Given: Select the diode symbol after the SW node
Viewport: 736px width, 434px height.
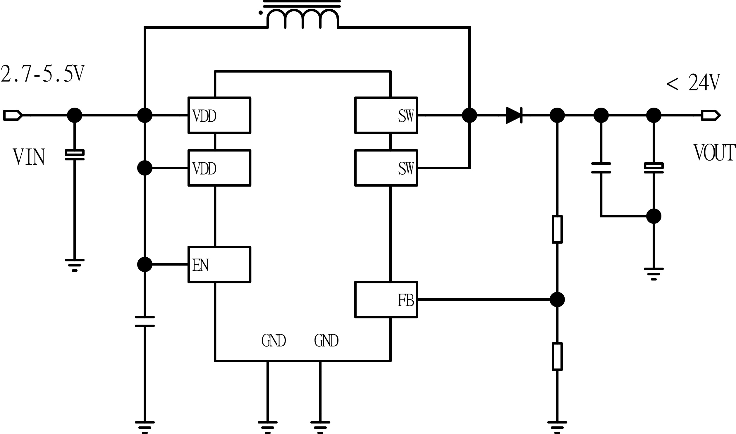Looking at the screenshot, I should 514,116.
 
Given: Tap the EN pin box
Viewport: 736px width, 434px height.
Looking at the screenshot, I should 219,264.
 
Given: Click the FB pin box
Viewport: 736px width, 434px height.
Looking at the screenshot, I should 386,299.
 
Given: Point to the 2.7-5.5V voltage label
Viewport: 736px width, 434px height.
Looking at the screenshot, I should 43,74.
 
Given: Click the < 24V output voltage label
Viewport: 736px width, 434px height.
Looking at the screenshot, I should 693,83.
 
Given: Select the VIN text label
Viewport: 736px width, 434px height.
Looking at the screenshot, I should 29,157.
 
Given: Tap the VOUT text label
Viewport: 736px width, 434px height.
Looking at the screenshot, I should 714,153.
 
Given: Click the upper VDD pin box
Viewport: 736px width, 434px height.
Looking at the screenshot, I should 219,115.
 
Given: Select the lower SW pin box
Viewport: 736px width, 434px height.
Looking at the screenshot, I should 386,168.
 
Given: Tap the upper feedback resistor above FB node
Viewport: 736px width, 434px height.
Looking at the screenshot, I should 557,229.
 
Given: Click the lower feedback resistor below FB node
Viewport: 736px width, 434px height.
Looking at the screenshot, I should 557,357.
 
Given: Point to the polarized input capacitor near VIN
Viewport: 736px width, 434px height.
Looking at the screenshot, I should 75,155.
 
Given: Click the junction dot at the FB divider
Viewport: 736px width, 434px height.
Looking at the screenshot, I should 557,300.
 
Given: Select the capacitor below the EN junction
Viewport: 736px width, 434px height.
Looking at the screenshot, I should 145,321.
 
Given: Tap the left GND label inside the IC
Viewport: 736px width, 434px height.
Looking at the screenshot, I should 274,340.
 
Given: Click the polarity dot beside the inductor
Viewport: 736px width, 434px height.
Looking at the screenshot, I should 260,13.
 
